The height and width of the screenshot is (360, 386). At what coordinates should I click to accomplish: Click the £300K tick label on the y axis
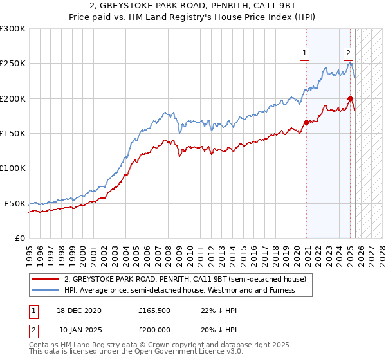tap(13, 29)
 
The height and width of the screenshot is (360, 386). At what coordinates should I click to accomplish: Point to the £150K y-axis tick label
tap(13, 134)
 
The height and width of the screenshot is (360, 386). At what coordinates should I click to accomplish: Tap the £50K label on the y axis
tap(15, 203)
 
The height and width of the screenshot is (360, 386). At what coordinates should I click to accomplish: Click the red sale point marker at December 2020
tap(306, 123)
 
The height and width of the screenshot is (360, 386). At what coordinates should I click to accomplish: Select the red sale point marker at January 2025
tap(350, 98)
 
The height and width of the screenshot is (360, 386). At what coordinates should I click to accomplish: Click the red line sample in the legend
tap(46, 279)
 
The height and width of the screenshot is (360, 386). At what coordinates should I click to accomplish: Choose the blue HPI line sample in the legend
tap(46, 290)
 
